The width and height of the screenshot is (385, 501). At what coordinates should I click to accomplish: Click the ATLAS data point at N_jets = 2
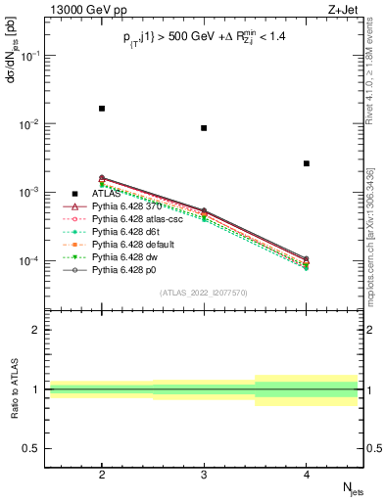click(x=102, y=109)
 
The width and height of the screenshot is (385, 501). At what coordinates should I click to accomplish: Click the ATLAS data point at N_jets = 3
click(x=204, y=128)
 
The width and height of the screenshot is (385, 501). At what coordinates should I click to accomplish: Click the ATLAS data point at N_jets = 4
click(x=307, y=163)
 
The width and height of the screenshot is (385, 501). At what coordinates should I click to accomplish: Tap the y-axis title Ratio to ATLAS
click(x=12, y=391)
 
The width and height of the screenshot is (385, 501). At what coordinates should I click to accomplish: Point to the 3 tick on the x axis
click(x=204, y=472)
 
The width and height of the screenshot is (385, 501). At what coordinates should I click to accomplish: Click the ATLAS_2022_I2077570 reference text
click(x=203, y=292)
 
